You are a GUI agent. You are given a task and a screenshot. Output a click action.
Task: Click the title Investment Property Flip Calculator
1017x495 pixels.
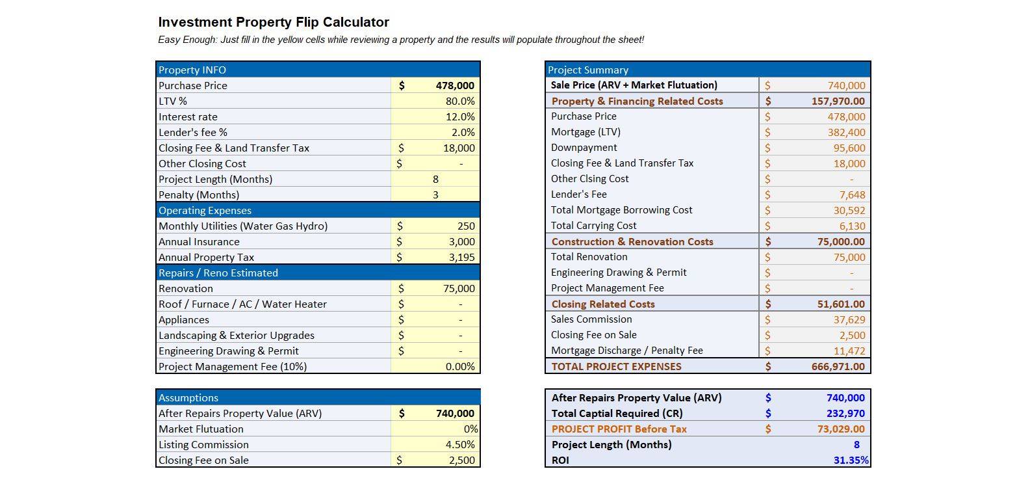(274, 22)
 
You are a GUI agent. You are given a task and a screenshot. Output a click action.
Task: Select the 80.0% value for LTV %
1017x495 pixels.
(460, 101)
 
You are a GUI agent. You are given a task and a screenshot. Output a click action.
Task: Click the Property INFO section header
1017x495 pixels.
(192, 70)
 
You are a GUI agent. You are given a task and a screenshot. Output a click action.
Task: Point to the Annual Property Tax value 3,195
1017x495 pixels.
(462, 258)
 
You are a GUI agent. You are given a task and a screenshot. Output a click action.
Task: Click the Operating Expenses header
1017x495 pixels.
(205, 211)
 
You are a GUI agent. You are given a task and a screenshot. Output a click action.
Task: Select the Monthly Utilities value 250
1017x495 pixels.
(466, 226)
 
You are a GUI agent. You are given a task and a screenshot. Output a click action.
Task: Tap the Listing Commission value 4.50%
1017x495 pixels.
(460, 444)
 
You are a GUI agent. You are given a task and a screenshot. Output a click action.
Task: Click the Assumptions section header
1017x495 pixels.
(188, 397)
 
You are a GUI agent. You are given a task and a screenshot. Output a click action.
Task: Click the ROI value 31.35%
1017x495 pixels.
(851, 460)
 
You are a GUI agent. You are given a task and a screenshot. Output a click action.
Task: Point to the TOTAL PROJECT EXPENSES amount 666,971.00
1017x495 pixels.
(838, 366)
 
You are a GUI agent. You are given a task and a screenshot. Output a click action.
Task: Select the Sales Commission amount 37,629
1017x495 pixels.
(849, 319)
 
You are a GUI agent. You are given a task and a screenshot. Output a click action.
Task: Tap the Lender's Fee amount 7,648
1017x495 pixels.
(852, 194)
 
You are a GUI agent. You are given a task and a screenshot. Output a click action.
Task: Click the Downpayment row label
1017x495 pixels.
(584, 148)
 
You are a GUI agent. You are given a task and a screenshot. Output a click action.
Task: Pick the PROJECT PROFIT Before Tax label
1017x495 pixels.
(619, 429)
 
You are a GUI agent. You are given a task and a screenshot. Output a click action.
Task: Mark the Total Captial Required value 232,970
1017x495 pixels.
(845, 413)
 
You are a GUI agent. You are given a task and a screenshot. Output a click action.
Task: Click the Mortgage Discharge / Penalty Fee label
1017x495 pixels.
(626, 351)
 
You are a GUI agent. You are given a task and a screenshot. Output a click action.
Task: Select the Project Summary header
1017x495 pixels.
(588, 70)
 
